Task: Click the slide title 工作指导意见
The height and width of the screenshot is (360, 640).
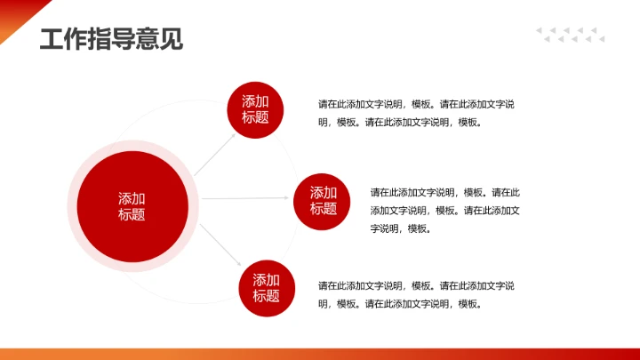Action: pos(111,39)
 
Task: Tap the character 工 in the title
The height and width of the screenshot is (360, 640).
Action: pos(52,39)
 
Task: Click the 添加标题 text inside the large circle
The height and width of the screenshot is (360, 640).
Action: pos(132,206)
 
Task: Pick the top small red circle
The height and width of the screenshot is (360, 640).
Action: pos(255,109)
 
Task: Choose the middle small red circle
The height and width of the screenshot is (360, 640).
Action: pos(324,201)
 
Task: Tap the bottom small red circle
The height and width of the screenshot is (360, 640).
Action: pos(266,288)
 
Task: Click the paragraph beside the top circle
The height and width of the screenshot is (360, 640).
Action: pos(416,113)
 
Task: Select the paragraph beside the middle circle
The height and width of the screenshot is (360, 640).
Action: pos(444,210)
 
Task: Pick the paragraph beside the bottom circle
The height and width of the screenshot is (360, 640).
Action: pos(416,294)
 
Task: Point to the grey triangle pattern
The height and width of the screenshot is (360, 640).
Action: pos(570,35)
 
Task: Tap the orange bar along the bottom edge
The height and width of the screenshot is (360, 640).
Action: pos(320,354)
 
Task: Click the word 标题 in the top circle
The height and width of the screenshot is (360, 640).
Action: pos(255,117)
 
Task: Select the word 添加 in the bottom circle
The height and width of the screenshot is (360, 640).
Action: pos(266,280)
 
